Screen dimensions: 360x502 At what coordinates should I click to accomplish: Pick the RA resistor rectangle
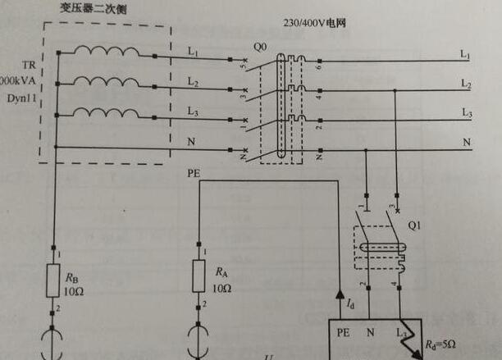click(x=199, y=276)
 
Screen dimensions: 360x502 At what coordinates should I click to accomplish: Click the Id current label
click(x=351, y=304)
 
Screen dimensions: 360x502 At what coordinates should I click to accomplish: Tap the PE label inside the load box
click(x=345, y=334)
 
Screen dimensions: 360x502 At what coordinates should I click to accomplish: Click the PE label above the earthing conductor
click(x=194, y=174)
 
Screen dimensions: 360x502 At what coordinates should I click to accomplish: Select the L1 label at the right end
click(x=465, y=55)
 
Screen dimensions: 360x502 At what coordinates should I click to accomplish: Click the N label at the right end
click(x=466, y=142)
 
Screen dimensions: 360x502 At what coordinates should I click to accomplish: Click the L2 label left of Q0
click(x=193, y=83)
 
